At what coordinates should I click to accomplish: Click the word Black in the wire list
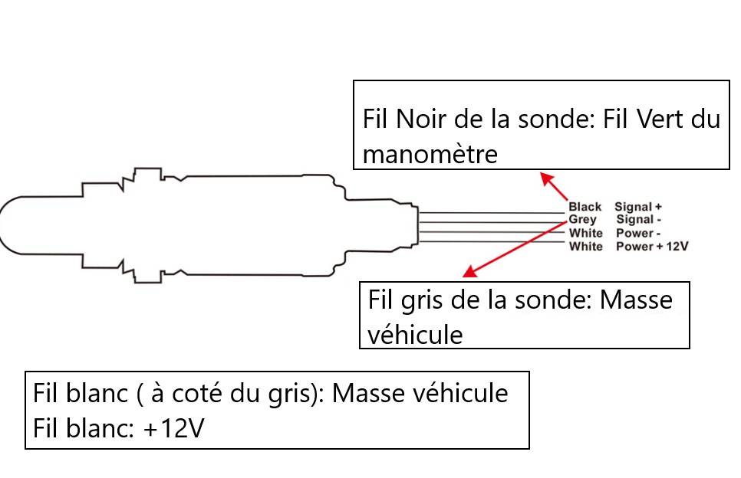[x=585, y=207]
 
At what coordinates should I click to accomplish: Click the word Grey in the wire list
[x=582, y=220]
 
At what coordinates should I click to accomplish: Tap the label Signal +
[x=637, y=207]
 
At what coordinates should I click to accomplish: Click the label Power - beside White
[x=638, y=233]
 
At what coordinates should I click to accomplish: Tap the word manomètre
[x=430, y=154]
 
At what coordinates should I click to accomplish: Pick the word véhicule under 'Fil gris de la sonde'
[x=416, y=335]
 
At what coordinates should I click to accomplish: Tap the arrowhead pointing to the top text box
[x=545, y=178]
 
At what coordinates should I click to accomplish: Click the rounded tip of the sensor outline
[x=4, y=223]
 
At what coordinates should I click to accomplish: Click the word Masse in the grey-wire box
[x=636, y=300]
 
